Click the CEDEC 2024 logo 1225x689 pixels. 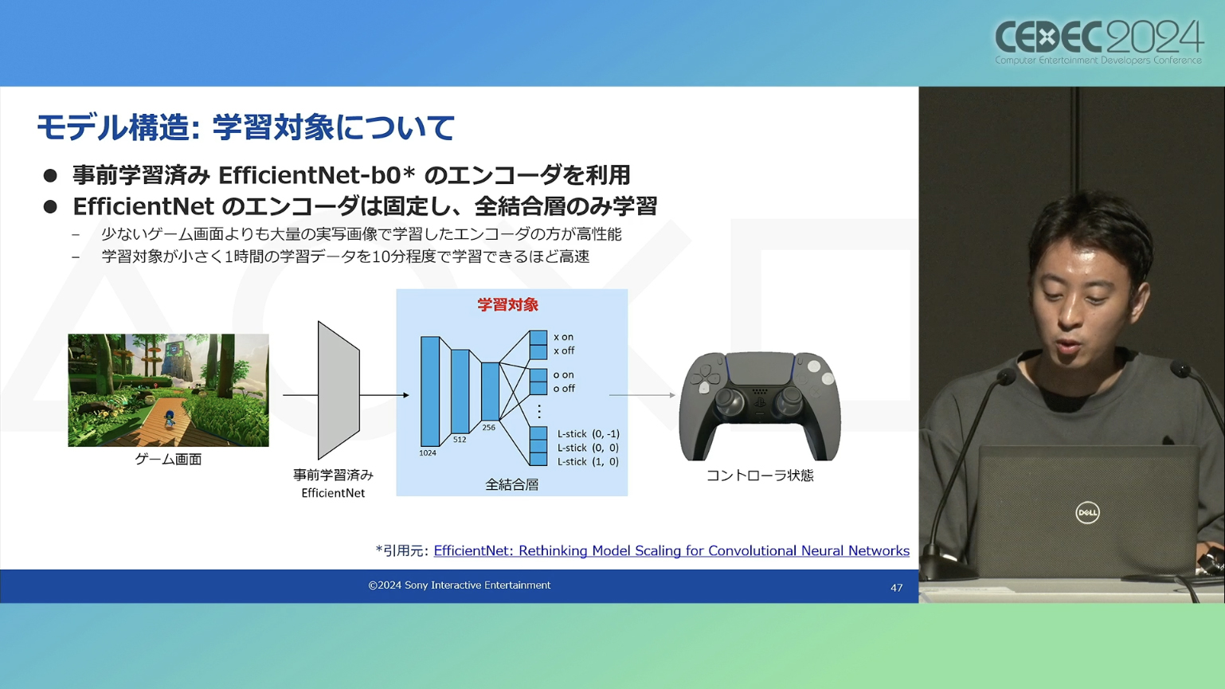click(1099, 42)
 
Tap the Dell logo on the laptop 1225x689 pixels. click(1087, 513)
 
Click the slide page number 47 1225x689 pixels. click(896, 588)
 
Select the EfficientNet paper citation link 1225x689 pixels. click(671, 550)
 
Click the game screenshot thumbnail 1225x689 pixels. click(168, 390)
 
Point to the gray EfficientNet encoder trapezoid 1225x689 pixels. click(339, 390)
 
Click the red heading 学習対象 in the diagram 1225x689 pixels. click(508, 304)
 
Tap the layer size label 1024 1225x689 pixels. click(428, 452)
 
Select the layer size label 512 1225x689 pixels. click(460, 440)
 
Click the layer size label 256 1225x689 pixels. click(488, 428)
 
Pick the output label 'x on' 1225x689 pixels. click(563, 337)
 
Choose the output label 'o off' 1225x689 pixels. click(564, 388)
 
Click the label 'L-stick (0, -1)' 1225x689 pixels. click(589, 433)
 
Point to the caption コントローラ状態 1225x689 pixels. click(760, 476)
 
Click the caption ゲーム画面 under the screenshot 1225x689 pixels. click(168, 459)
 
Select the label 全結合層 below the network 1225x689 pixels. click(512, 484)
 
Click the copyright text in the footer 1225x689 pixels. click(460, 585)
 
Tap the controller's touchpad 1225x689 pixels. click(760, 368)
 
